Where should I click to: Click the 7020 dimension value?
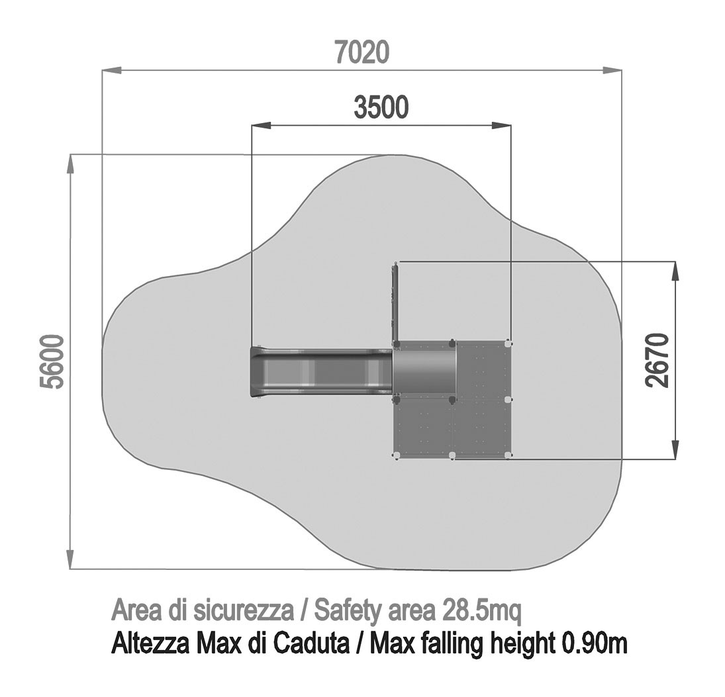[363, 52]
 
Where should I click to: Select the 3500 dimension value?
[381, 107]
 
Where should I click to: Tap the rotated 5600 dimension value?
[52, 361]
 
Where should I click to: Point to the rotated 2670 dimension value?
[657, 360]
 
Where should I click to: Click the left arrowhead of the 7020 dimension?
[111, 70]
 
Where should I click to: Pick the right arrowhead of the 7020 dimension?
[612, 70]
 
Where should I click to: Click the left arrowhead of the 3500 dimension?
[261, 125]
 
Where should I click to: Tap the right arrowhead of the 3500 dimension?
[502, 125]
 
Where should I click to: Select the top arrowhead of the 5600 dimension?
[70, 164]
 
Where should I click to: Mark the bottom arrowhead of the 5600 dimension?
[70, 559]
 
